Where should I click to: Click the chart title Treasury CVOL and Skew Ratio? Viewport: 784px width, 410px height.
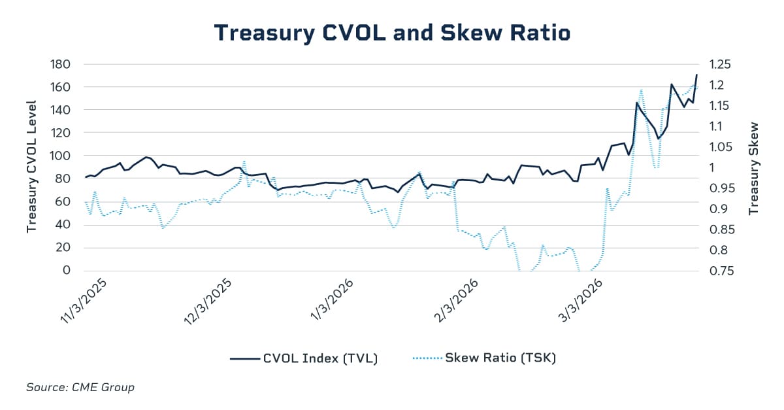[x=392, y=32]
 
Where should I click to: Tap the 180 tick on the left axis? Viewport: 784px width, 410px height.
[x=61, y=64]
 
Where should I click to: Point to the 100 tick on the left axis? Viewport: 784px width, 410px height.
[x=61, y=156]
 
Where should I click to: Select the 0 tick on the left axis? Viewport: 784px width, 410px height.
[x=67, y=270]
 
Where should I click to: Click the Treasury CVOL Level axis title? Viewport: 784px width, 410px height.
[x=31, y=166]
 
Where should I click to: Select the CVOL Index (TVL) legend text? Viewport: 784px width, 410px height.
[x=320, y=358]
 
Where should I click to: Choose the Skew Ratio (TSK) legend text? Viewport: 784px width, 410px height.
[x=500, y=358]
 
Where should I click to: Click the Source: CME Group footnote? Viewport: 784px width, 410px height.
[x=80, y=387]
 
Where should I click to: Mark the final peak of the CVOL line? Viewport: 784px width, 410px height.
[x=696, y=75]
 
